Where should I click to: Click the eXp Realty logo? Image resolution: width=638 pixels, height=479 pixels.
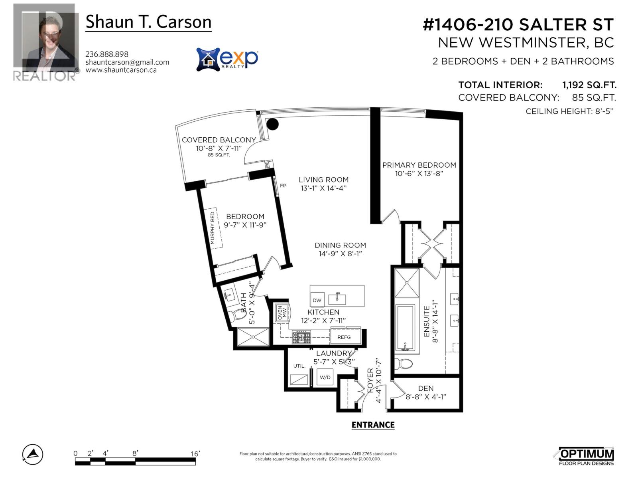[x=227, y=59]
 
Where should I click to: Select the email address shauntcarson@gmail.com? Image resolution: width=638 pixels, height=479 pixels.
[x=127, y=62]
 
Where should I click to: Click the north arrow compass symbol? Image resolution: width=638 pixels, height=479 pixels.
[x=33, y=454]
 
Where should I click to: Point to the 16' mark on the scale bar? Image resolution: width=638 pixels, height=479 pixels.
[x=195, y=454]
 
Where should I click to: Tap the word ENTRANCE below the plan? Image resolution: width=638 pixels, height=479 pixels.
[x=373, y=425]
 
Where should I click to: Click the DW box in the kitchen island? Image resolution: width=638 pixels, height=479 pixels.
[x=317, y=300]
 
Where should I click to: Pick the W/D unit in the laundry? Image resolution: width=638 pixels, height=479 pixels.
[x=325, y=377]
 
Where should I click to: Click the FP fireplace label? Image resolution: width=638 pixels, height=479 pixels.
[x=283, y=186]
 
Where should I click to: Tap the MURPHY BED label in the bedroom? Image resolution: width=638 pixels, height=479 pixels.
[x=212, y=228]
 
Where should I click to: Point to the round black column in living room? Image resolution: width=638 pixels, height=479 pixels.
[x=272, y=124]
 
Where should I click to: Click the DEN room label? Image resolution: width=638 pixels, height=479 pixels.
[x=425, y=388]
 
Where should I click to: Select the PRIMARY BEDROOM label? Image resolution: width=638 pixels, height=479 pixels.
[x=419, y=165]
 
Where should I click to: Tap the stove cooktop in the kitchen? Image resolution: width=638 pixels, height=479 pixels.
[x=301, y=338]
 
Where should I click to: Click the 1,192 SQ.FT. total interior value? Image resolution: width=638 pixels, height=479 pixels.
[x=589, y=85]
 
